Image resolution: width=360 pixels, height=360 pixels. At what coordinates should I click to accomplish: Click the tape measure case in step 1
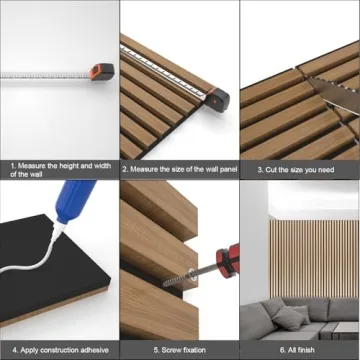coord(97,71)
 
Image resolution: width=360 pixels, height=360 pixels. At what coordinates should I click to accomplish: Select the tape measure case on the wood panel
coord(217,97)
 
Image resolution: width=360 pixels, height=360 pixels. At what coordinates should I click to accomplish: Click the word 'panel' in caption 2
coord(218,170)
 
